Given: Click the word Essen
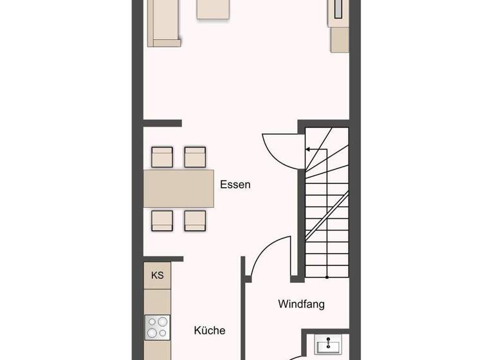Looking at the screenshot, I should click(235, 184).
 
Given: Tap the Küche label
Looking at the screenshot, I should click(210, 330).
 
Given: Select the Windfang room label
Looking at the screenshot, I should click(301, 303).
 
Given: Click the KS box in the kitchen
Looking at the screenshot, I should click(158, 275).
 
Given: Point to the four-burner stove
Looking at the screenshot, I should click(158, 327).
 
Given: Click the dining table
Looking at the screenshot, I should click(178, 188).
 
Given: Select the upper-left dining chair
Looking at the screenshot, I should click(162, 157).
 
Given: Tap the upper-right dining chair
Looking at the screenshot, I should click(195, 157).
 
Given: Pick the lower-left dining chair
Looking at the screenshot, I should click(162, 220).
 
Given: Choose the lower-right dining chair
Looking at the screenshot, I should click(195, 220).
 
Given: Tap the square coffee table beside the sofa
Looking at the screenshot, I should click(213, 10).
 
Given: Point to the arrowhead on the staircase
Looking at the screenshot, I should click(308, 149).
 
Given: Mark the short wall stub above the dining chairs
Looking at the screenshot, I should click(162, 123).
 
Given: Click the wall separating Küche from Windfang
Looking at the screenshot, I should click(243, 309).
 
